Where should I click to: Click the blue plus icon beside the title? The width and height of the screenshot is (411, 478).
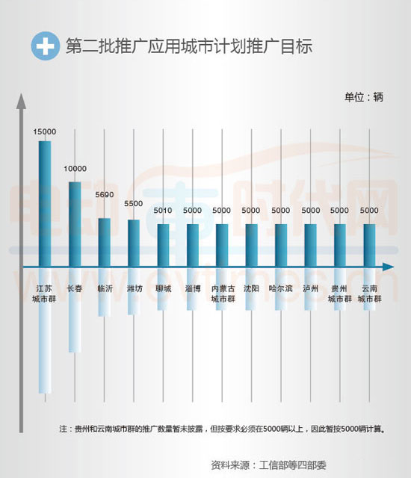coord(45,46)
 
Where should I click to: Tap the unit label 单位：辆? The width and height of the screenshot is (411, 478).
coord(363,97)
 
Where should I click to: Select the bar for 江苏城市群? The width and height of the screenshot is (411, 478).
coord(45,202)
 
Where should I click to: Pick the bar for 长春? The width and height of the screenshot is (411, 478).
coord(75,223)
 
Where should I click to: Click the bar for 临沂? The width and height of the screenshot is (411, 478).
coord(105,241)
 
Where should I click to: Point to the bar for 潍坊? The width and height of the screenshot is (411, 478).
coord(134,242)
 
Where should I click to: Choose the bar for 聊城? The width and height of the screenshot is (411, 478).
coord(163,244)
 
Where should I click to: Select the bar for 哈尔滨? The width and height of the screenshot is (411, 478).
coord(281,244)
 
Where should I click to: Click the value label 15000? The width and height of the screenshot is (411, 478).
coord(45,131)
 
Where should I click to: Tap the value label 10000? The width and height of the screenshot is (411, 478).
coord(75,169)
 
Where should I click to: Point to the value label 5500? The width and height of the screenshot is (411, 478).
coord(134,204)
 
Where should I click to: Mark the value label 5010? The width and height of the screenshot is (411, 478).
coord(163,211)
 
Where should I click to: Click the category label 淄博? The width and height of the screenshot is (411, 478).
coord(192,288)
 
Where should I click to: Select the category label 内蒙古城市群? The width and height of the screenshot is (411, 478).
coord(222,294)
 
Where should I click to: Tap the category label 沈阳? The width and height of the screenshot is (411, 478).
coord(251,288)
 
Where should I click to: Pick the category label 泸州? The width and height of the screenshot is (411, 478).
coord(310,288)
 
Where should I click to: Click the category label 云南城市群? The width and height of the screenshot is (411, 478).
coord(369,294)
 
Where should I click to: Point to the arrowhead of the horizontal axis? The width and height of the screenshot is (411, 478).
coord(388,267)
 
